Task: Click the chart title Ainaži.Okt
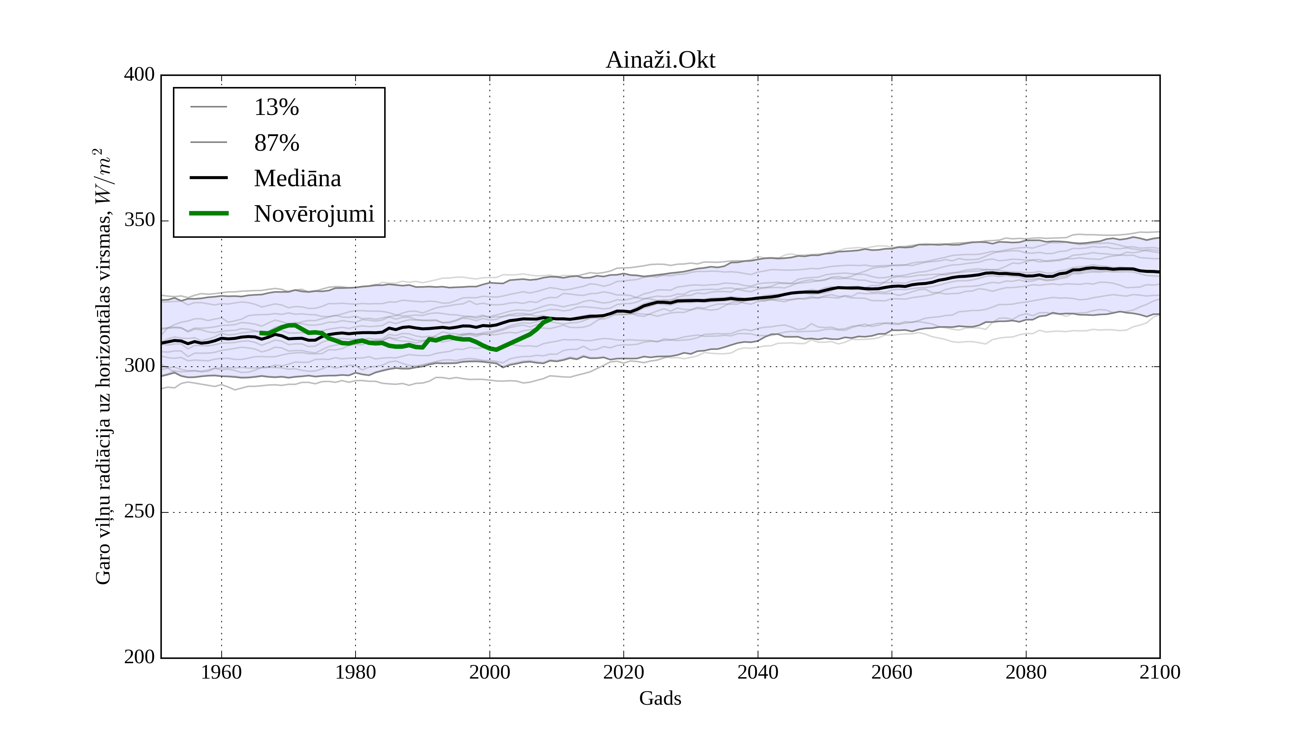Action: coord(660,61)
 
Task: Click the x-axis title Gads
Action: coord(660,698)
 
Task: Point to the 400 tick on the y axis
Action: coord(139,75)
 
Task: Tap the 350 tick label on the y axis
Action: coord(139,221)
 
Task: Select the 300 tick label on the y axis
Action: coord(139,366)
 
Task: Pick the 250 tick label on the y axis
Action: coord(139,512)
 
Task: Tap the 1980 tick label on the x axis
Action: coord(356,672)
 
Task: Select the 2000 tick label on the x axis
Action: coord(489,672)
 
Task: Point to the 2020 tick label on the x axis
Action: coord(623,672)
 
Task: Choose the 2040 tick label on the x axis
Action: coord(758,672)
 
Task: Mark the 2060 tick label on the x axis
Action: coord(892,672)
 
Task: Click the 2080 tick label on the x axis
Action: coord(1025,672)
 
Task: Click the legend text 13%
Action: coord(276,107)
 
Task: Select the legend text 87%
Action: coord(276,143)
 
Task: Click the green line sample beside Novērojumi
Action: coord(209,213)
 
